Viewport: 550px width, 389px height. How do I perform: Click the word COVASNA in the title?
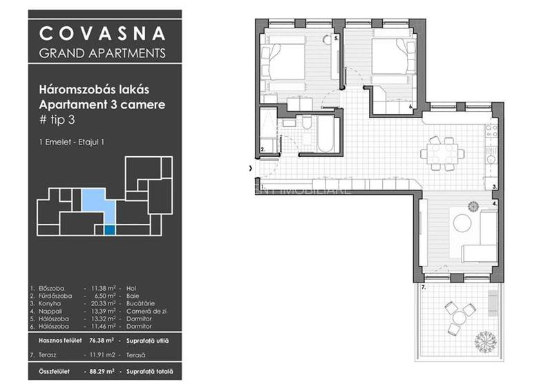coord(102,32)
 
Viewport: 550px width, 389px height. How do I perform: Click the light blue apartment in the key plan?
coord(93,201)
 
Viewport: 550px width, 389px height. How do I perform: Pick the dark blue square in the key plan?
coord(109,230)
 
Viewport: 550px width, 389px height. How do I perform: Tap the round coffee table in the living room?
coord(462,223)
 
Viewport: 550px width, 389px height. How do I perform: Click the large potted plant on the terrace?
coord(483,339)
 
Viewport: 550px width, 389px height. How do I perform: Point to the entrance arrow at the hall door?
coord(250,168)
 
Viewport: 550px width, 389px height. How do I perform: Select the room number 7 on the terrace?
coord(424,286)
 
